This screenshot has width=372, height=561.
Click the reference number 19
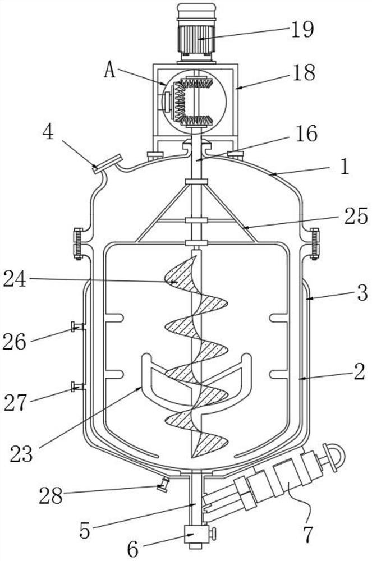point(302,29)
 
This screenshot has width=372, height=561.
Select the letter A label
point(110,70)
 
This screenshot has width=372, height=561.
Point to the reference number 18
point(304,72)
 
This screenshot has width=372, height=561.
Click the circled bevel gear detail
point(194,102)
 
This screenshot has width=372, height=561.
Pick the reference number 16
point(306,134)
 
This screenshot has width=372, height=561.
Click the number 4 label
point(48,132)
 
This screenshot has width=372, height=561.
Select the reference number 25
point(356,216)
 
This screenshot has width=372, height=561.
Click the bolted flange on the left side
point(79,243)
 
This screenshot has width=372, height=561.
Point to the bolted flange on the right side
point(314,243)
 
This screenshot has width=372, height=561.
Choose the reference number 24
point(15,279)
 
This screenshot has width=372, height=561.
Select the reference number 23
point(21,454)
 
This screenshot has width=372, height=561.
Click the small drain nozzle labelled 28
point(164,485)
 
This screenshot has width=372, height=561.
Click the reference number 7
point(307,535)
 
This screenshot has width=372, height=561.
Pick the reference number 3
point(362,293)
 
